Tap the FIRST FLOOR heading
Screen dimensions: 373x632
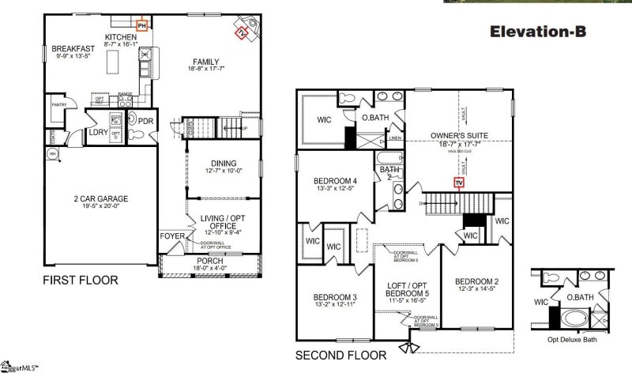[81, 280]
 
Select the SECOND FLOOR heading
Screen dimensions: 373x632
[341, 355]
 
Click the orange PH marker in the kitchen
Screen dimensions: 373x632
[141, 26]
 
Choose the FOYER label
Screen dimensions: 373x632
[171, 235]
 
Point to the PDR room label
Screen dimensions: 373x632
[145, 121]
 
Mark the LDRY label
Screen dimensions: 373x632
[98, 132]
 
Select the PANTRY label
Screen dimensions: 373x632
[57, 104]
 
